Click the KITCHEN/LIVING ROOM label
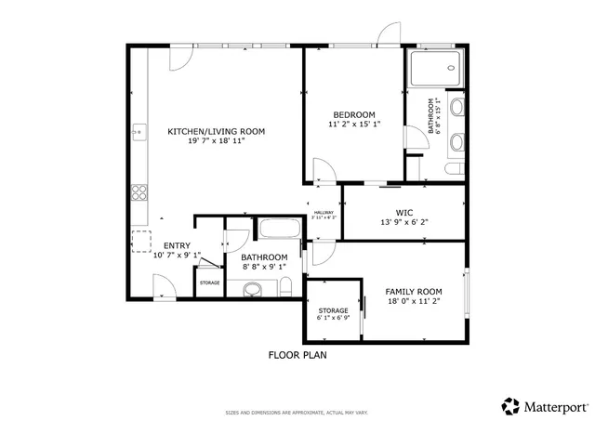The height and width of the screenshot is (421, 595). point(216,132)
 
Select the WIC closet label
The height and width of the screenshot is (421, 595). point(403,211)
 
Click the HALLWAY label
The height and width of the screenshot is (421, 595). point(324,213)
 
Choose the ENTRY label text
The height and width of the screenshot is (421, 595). point(177,246)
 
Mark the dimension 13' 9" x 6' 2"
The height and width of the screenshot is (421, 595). point(403,221)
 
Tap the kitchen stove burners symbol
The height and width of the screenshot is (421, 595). point(139,193)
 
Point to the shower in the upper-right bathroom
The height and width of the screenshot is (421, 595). point(433,65)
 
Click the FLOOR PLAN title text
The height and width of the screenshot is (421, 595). point(297,354)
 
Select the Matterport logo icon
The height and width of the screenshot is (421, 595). point(510,406)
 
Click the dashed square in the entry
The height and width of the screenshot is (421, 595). point(140,242)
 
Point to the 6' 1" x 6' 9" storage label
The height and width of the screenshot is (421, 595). point(333,313)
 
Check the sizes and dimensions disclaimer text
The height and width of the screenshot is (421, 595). point(297,412)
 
